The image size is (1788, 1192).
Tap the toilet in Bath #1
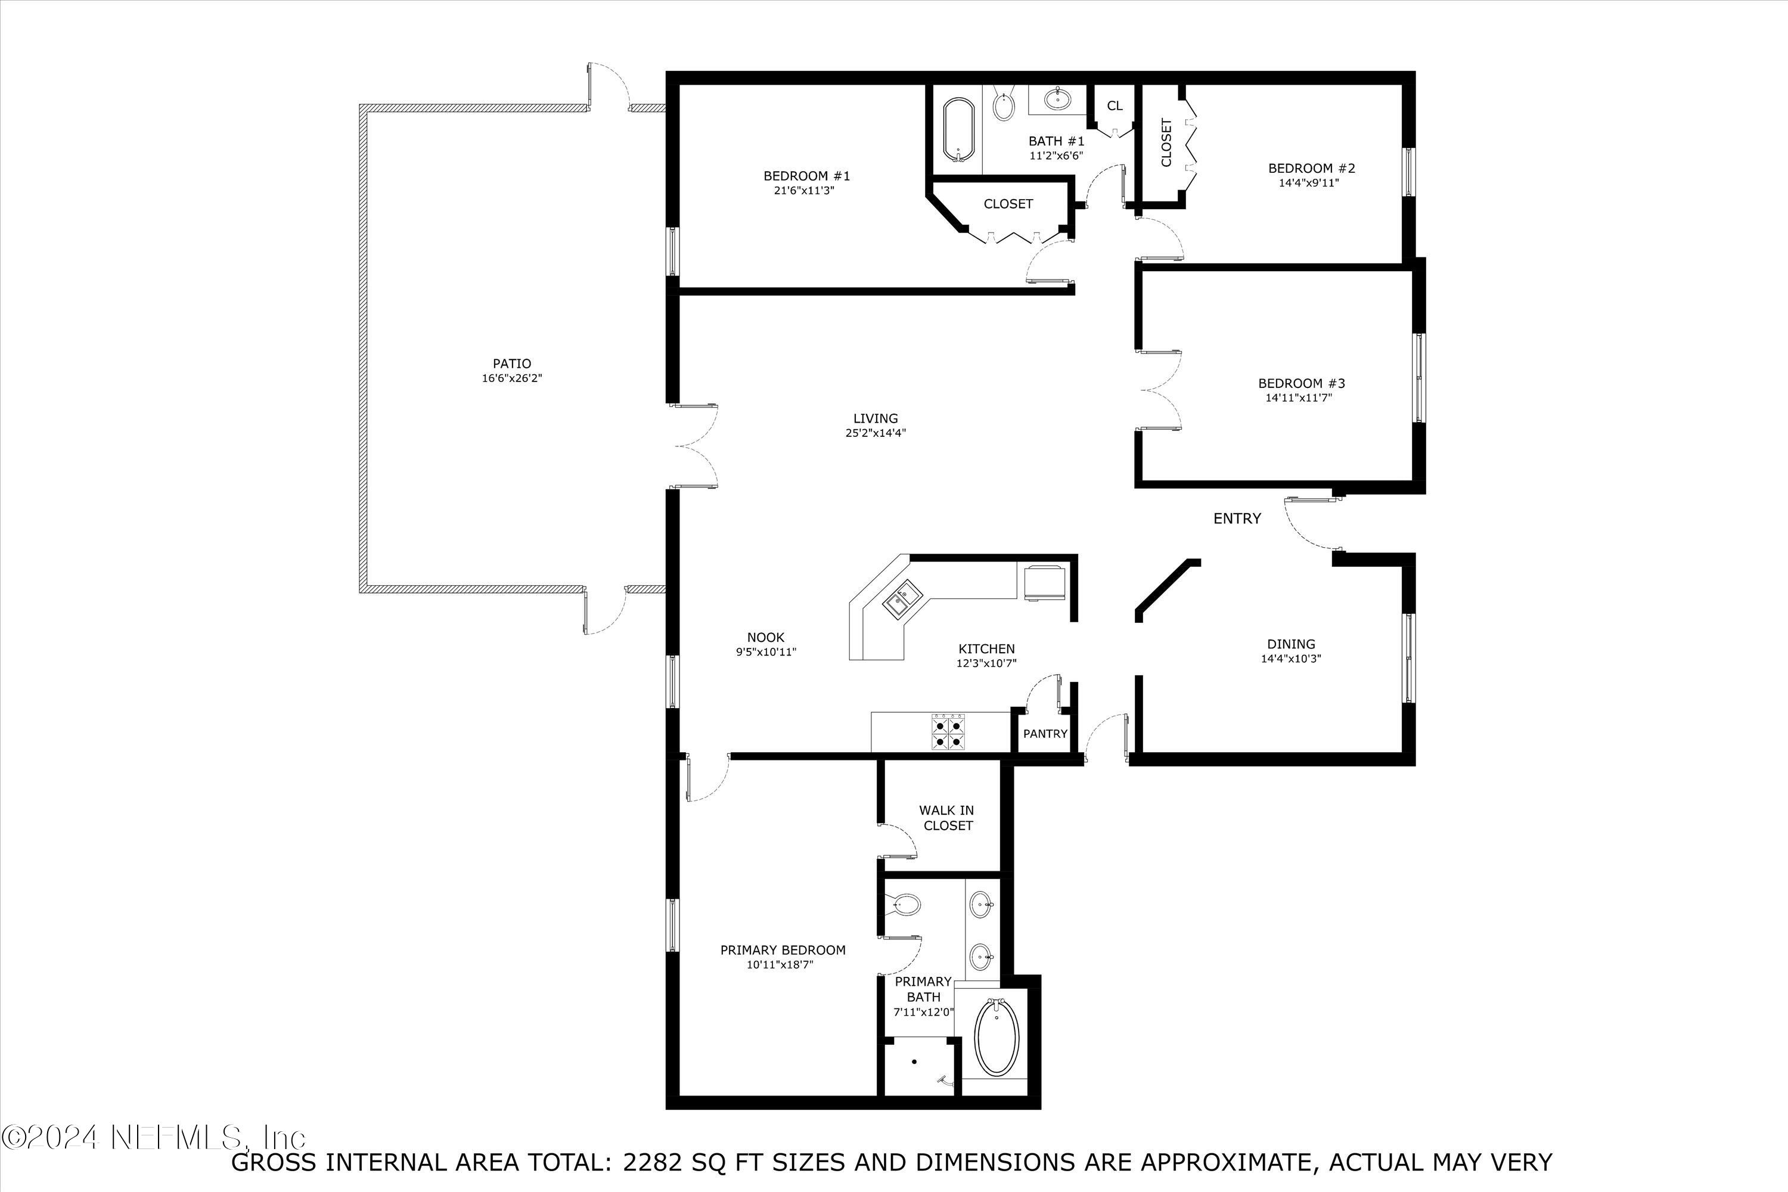1004,107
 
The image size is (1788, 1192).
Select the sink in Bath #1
1057,98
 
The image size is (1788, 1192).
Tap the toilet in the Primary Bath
905,905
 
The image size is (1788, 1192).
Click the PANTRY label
1045,734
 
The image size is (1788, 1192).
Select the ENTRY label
1237,519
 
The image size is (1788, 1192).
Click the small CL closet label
1115,105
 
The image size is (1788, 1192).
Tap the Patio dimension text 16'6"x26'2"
511,378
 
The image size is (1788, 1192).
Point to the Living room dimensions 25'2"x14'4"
876,433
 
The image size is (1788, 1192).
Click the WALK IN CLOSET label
946,817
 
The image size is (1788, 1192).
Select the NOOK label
765,637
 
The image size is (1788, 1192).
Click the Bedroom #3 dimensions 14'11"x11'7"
1299,398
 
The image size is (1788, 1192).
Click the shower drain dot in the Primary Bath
914,1062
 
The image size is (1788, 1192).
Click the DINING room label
1291,644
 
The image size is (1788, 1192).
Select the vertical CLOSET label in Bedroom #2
1166,142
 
